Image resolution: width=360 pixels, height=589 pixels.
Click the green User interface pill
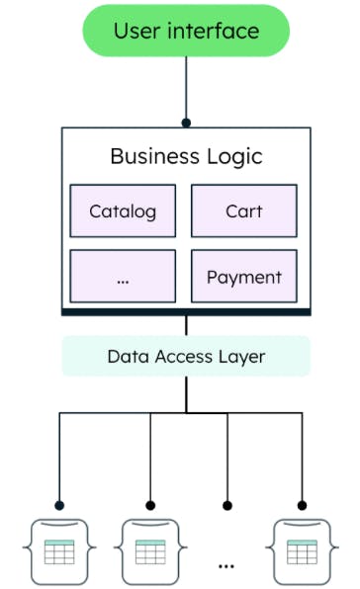186,31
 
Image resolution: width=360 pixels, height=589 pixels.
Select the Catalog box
123,211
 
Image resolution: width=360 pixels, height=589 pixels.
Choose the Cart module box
243,211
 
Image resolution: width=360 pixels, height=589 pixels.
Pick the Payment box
243,278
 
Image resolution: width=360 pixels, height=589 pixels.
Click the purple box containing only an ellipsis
123,278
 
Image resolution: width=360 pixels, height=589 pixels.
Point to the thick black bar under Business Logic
186,311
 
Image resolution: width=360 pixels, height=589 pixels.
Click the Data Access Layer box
186,356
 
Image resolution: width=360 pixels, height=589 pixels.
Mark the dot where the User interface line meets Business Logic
186,124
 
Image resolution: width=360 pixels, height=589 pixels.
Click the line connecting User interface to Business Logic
186,89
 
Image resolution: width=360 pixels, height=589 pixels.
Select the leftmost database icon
58,548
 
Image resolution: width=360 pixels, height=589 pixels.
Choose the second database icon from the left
150,548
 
